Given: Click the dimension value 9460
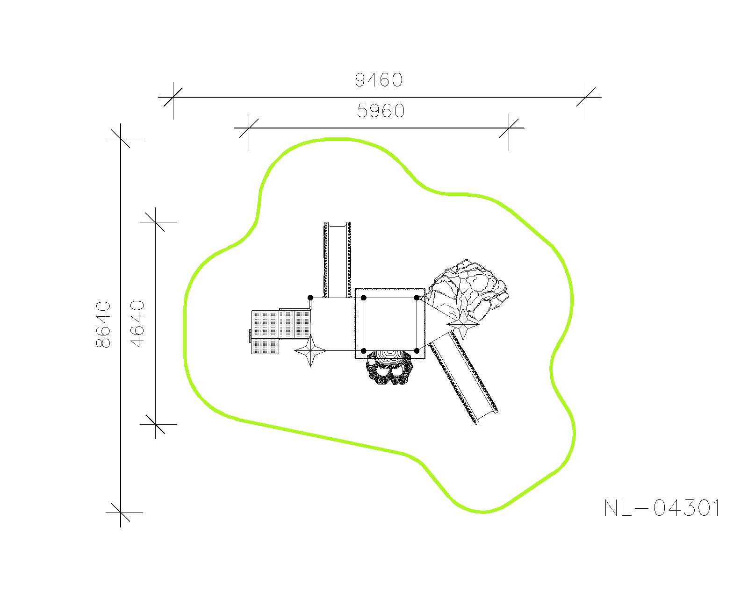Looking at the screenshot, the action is [x=379, y=80].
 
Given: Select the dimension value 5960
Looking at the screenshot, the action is [x=381, y=111].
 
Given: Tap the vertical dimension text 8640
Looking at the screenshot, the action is [x=103, y=325].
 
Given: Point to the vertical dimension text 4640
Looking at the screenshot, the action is [x=137, y=324].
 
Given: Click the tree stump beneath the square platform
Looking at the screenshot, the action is [x=389, y=367].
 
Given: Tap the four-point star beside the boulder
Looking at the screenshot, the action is [x=463, y=325].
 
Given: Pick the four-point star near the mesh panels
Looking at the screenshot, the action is [x=310, y=350].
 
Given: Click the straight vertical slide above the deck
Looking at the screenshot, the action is [x=337, y=260].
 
